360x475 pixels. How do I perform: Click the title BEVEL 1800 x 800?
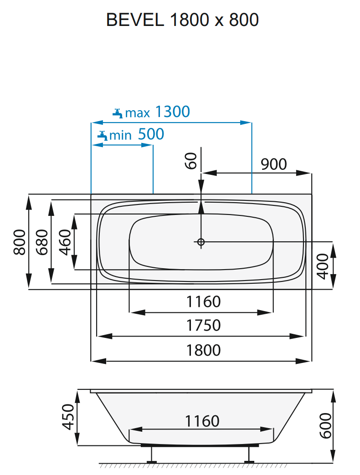(x=182, y=20)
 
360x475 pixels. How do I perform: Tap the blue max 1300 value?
(x=172, y=112)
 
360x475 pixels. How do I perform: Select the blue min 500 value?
(x=150, y=134)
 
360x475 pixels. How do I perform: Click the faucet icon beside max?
(x=118, y=112)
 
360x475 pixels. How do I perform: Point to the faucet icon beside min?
(x=102, y=135)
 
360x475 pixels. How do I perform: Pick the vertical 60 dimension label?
(x=191, y=161)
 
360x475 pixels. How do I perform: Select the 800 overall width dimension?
(x=19, y=241)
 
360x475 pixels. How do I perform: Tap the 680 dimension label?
(x=41, y=241)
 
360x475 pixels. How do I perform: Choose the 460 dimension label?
(x=66, y=241)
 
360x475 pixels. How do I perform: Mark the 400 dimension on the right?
(x=322, y=266)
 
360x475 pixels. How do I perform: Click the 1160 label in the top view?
(x=203, y=301)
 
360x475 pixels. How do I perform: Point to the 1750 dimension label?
(x=203, y=325)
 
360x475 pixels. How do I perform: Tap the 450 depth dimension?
(x=68, y=417)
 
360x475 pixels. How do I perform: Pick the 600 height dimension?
(x=325, y=426)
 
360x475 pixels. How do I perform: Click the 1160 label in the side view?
(x=202, y=421)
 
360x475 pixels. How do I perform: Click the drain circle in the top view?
(x=201, y=242)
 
